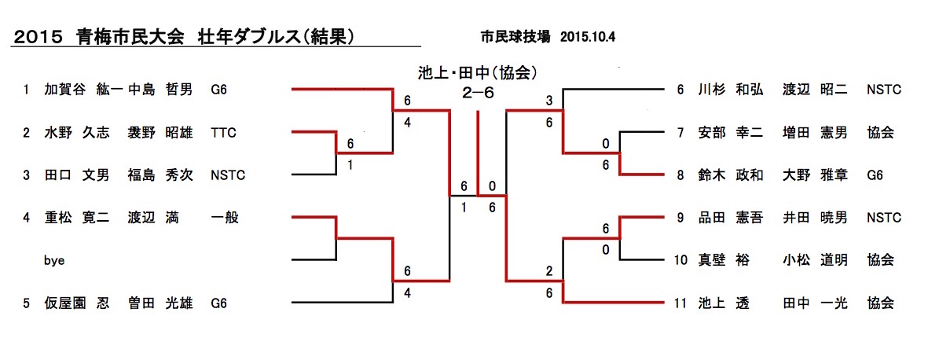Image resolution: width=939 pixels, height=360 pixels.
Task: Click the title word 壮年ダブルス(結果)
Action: [277, 36]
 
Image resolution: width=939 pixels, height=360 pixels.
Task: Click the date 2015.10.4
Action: [589, 37]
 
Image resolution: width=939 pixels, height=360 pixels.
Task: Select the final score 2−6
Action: [478, 92]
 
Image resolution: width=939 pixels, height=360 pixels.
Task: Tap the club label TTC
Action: [223, 133]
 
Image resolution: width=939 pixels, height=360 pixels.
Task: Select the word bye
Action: [53, 260]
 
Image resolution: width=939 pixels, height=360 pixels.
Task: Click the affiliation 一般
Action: [224, 218]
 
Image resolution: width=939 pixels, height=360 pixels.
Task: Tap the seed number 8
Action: [681, 175]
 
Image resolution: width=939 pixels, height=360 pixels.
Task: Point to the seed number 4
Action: [27, 218]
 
